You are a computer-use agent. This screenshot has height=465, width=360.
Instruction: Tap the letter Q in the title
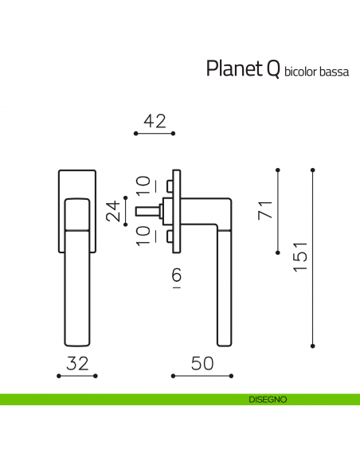point(272,68)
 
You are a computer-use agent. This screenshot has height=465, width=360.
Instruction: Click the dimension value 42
point(154,121)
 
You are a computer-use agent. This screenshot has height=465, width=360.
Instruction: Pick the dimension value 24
point(114,210)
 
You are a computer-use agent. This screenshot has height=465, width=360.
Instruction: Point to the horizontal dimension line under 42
point(154,135)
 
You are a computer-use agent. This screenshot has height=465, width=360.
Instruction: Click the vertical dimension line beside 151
point(313,257)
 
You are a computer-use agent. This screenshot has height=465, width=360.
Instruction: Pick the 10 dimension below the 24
point(142,236)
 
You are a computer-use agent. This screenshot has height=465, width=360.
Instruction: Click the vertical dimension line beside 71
point(277,210)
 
